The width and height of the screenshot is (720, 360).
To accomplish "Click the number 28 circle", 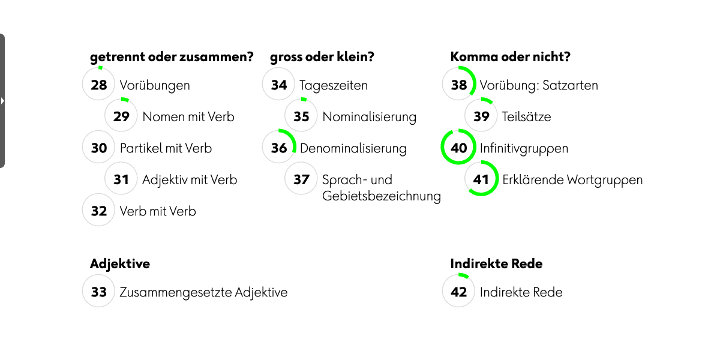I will (x=98, y=85).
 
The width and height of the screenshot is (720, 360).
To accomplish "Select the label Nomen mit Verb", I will (x=188, y=116).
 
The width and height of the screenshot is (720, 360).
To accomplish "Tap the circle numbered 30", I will (x=98, y=148).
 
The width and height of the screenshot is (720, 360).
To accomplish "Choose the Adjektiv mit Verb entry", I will (x=190, y=179).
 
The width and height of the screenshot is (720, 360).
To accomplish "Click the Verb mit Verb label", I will (x=158, y=211).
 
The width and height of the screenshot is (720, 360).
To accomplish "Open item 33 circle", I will (x=98, y=292).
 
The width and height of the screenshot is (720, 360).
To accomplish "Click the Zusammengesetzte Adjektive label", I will (x=203, y=292).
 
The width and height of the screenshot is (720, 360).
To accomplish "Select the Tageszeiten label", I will (x=334, y=85).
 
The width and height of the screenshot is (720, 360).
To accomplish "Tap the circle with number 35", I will (x=301, y=116).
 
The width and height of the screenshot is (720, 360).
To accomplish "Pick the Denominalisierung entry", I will (x=353, y=148).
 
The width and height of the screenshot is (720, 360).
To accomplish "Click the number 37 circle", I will (x=301, y=179).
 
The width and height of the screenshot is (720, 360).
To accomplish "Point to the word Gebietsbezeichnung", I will (x=382, y=196).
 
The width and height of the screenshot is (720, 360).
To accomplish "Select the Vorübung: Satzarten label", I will (x=539, y=85).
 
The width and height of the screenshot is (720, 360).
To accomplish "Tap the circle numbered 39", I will (x=481, y=116).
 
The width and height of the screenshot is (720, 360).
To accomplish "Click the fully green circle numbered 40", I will (x=458, y=148).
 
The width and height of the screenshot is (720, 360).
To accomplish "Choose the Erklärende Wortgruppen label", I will (x=572, y=179).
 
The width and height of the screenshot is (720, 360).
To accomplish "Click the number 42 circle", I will (x=458, y=292).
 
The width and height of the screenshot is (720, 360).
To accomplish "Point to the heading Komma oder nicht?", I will (x=510, y=57).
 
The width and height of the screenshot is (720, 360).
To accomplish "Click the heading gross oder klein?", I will (x=322, y=57).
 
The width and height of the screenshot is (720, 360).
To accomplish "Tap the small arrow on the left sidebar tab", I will (x=2, y=101).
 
